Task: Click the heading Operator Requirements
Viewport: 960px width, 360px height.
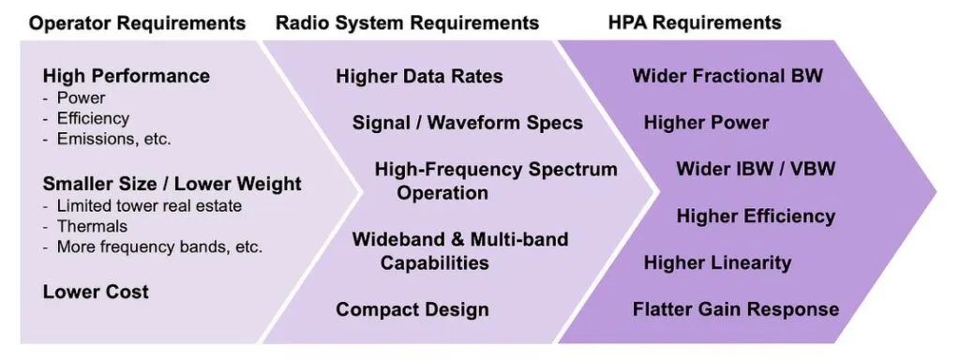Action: click(138, 23)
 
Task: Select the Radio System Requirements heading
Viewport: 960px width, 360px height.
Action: click(407, 23)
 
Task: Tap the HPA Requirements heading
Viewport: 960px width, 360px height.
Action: click(695, 23)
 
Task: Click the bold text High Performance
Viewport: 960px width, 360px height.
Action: click(127, 76)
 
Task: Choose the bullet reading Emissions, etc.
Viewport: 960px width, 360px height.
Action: click(107, 139)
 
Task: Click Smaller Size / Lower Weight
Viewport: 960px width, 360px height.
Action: click(172, 184)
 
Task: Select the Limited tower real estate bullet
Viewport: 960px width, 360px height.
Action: click(142, 205)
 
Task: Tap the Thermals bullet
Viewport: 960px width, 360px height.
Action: click(85, 227)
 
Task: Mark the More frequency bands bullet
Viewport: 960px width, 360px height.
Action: click(153, 247)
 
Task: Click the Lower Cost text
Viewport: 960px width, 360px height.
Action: click(96, 292)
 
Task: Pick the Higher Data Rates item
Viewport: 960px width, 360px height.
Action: click(419, 76)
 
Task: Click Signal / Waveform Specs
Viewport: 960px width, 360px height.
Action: click(468, 123)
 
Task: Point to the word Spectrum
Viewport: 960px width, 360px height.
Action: click(573, 169)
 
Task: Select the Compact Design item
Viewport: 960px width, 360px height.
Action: click(412, 309)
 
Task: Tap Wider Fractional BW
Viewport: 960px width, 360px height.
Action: click(727, 76)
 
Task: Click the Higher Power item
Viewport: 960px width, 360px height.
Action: click(706, 123)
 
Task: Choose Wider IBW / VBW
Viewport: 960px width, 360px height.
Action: click(756, 169)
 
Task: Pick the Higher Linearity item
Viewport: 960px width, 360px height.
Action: click(717, 262)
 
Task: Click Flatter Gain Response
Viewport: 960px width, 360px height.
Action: click(736, 309)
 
